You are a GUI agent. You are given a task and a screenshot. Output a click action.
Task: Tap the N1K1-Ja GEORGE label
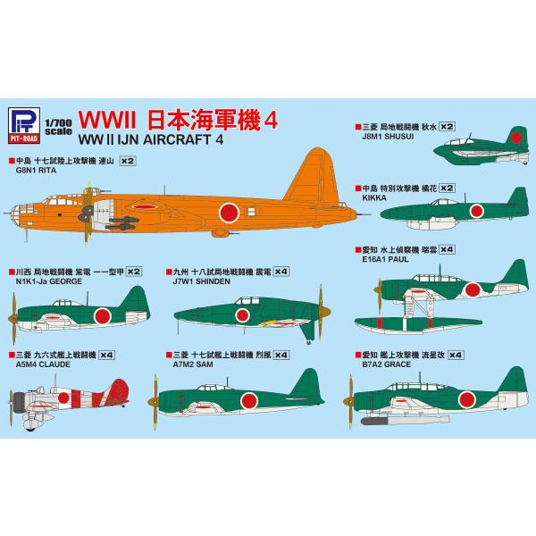pyautogui.click(x=53, y=279)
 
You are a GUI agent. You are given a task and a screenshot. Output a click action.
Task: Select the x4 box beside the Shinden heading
pyautogui.click(x=281, y=269)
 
